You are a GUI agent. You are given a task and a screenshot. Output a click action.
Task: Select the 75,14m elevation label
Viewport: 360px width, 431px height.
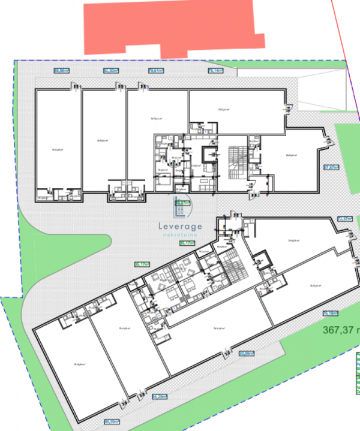[x=215, y=71]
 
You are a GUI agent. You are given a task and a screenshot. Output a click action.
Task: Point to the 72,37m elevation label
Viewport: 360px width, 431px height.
[x=344, y=219]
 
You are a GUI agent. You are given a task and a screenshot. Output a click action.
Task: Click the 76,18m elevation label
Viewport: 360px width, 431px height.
[x=330, y=313]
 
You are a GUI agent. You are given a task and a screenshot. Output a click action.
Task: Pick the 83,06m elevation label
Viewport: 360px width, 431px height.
[x=246, y=354]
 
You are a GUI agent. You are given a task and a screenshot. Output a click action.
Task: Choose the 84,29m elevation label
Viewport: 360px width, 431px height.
[x=159, y=396]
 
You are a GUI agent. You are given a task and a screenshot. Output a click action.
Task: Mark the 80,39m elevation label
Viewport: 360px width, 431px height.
[x=112, y=421]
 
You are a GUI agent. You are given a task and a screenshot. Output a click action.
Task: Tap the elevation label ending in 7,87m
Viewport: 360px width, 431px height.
[x=331, y=167]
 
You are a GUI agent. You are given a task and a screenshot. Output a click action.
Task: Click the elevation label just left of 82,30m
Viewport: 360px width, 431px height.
[x=62, y=71]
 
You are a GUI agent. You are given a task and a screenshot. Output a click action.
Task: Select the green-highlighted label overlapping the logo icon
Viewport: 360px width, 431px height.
[x=182, y=204]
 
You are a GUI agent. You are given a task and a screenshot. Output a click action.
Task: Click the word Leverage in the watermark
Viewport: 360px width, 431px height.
[x=181, y=226]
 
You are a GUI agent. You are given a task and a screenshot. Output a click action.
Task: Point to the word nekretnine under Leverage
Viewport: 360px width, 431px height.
[x=181, y=236]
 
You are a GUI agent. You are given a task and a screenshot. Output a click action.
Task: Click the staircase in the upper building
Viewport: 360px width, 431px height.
[x=238, y=161]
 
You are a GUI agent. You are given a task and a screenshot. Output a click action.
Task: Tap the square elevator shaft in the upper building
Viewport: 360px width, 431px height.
[x=211, y=154]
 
